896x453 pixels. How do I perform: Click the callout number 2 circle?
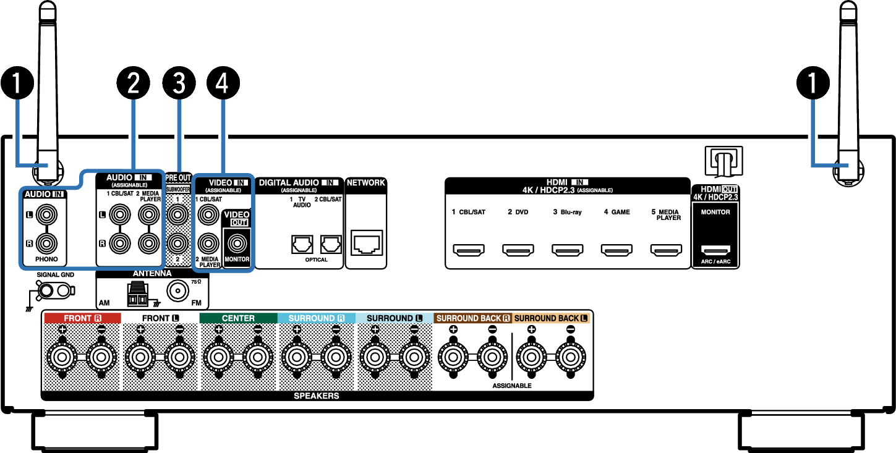point(133,83)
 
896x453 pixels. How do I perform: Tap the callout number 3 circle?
point(179,83)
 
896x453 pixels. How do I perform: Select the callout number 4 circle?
point(223,83)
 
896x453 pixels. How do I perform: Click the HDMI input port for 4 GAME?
point(617,250)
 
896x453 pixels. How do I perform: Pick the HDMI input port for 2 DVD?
point(518,250)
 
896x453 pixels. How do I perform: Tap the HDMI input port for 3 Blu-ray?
point(567,250)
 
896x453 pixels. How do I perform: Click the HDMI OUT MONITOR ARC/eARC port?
point(715,250)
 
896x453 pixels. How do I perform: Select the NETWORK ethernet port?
point(367,242)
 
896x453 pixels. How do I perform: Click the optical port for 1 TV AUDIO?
point(302,244)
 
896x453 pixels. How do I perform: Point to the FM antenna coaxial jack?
point(177,290)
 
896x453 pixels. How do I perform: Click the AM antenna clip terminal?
point(138,295)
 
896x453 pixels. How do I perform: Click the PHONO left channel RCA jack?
point(46,215)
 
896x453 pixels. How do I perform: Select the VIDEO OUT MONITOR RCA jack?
point(237,243)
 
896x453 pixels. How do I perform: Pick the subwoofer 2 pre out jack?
point(177,243)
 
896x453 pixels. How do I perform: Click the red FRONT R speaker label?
point(82,318)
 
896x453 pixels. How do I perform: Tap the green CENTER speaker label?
point(239,318)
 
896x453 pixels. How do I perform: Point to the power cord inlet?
point(724,161)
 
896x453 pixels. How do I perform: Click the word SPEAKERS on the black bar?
point(317,396)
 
